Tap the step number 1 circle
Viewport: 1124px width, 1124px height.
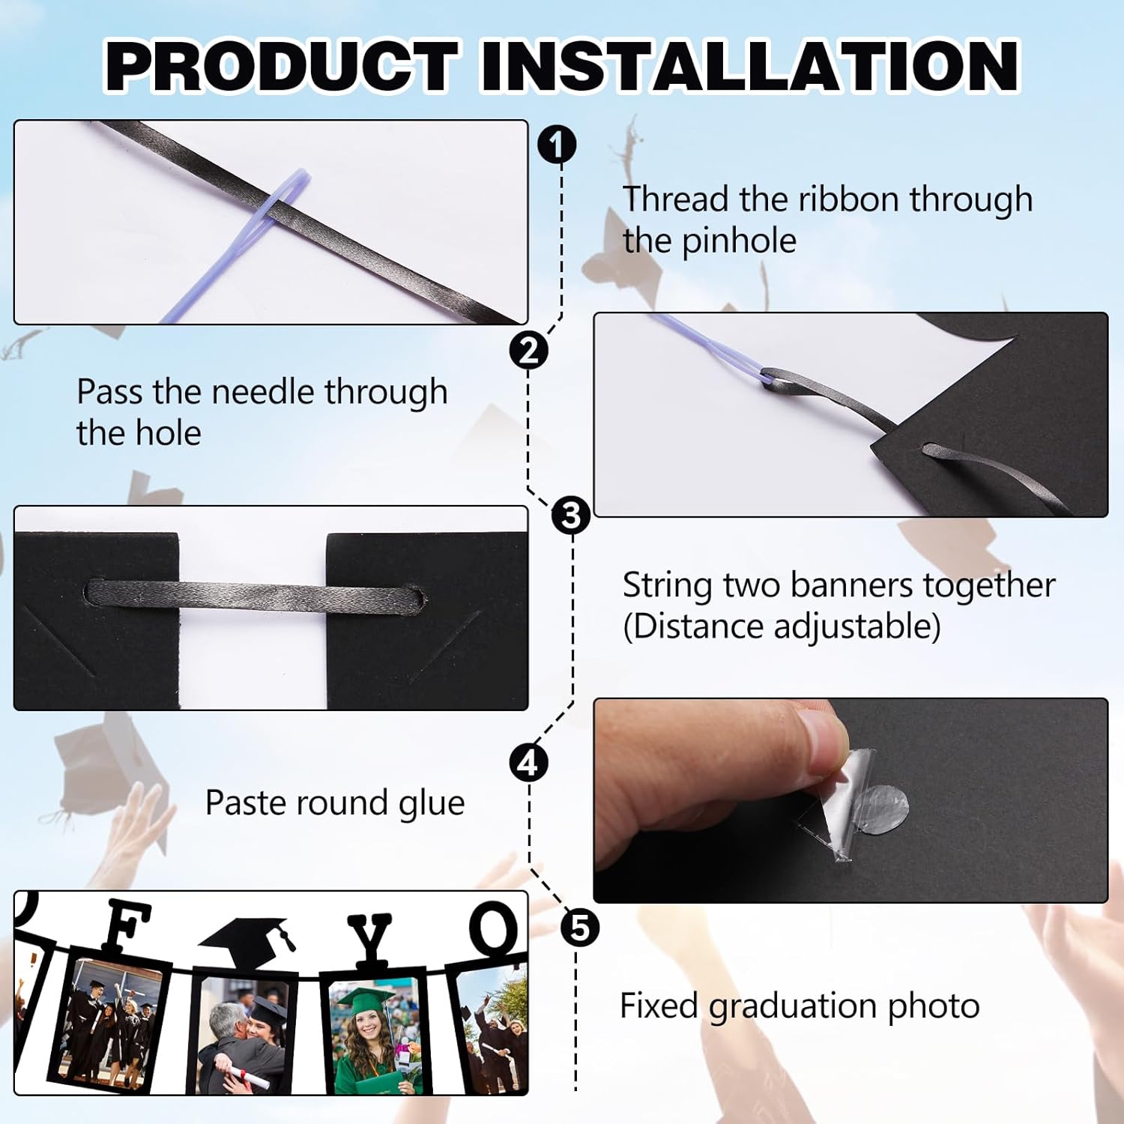[557, 145]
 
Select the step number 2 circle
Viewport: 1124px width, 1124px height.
[528, 350]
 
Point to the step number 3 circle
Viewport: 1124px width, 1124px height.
[571, 516]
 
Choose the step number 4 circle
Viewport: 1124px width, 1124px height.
[528, 763]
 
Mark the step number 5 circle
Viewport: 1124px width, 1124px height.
[580, 928]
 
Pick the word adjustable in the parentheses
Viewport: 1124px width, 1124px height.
[856, 626]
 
